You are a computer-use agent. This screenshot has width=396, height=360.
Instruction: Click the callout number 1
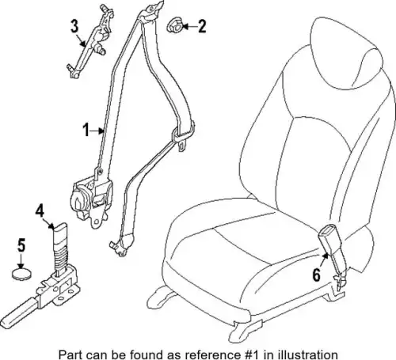click(x=86, y=130)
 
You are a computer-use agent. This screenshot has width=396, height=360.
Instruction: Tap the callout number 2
click(x=202, y=26)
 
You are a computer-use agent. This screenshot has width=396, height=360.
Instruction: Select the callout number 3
click(x=74, y=26)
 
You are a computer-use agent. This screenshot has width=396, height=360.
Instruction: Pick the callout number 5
click(x=21, y=245)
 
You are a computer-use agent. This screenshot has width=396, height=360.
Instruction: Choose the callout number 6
click(x=317, y=275)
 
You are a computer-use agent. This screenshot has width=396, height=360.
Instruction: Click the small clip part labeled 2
click(x=174, y=25)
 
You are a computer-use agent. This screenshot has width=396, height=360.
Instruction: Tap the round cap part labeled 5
click(x=21, y=274)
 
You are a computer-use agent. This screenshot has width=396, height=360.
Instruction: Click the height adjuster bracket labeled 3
click(x=89, y=42)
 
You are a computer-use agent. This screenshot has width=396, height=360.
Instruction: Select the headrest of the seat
click(x=346, y=54)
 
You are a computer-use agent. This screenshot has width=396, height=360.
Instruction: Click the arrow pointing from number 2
click(x=190, y=26)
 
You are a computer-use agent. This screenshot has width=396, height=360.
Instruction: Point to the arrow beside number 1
click(x=97, y=131)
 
